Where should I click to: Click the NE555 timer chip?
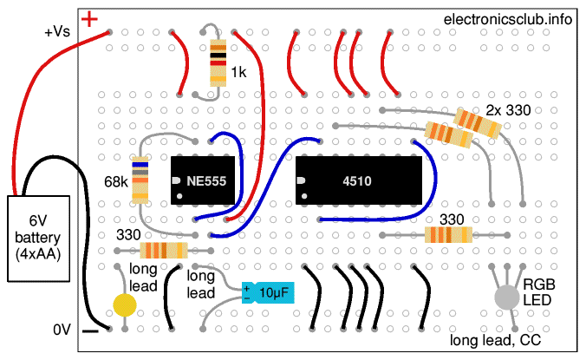[x=205, y=180]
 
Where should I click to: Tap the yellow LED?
[x=126, y=304]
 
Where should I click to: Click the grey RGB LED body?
[x=506, y=297]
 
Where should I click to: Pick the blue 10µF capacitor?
[x=269, y=293]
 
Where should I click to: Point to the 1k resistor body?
[x=218, y=62]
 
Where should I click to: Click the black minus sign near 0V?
[x=89, y=331]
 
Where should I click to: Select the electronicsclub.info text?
[x=507, y=19]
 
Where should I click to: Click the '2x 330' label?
[x=508, y=110]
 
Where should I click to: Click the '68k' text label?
[x=114, y=183]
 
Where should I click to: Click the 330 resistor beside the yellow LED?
[x=163, y=252]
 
